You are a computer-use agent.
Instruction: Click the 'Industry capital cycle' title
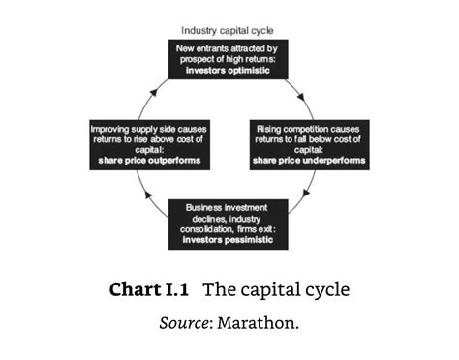point(228,31)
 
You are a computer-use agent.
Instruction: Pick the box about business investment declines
point(228,225)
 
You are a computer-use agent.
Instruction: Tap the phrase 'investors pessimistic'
point(228,238)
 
